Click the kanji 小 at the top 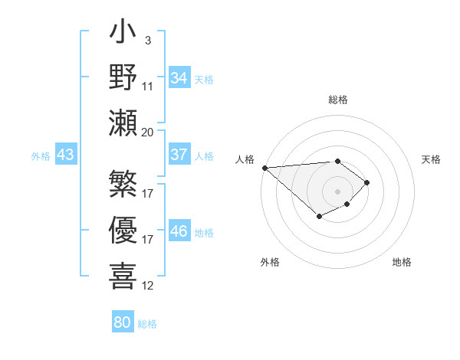click(x=123, y=34)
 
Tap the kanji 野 click(x=123, y=77)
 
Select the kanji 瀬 click(x=123, y=123)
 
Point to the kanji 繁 click(x=123, y=184)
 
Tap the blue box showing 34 click(x=179, y=78)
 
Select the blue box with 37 click(x=179, y=155)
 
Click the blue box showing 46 click(x=179, y=231)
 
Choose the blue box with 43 click(x=65, y=155)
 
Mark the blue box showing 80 click(x=123, y=322)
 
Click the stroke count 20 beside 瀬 click(x=147, y=132)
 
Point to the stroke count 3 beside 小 click(x=147, y=40)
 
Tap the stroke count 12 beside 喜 click(x=147, y=285)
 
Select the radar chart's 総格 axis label click(x=337, y=100)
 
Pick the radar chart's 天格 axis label click(x=431, y=159)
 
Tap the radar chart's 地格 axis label click(x=402, y=262)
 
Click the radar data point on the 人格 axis click(x=264, y=168)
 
